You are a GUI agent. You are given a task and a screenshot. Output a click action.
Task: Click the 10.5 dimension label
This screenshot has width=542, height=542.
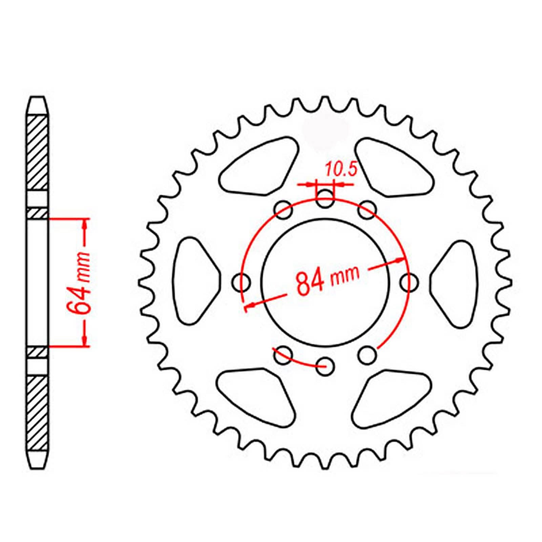pos(341,170)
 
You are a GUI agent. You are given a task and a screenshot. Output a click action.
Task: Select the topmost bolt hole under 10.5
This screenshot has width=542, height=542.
pos(326,199)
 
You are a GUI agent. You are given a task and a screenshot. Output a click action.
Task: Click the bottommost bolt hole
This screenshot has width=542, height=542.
pos(325,366)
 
